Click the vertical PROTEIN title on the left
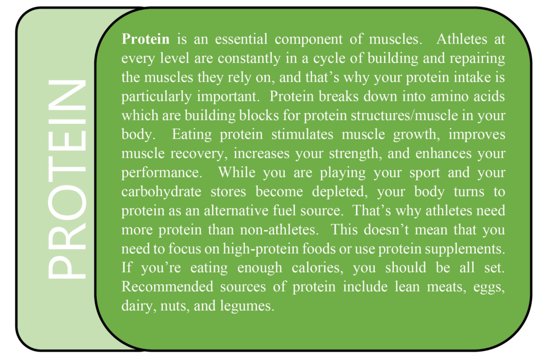[x=67, y=179]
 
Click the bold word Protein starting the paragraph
[x=146, y=39]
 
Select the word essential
[x=241, y=39]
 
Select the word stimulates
[x=302, y=135]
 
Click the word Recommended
[x=167, y=287]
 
